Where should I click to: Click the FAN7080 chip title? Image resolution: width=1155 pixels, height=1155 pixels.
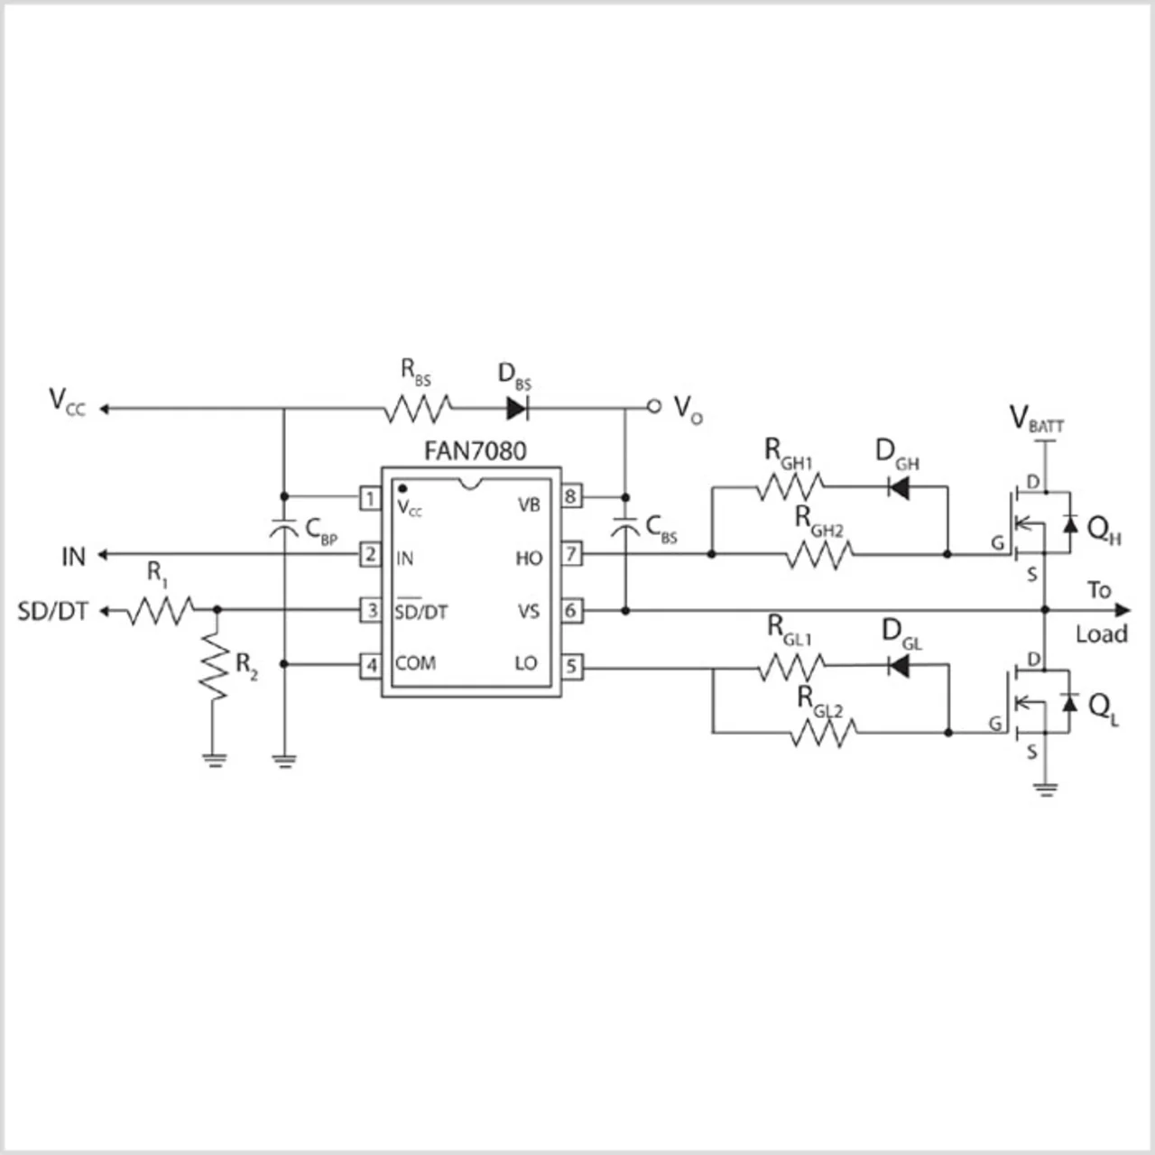[476, 451]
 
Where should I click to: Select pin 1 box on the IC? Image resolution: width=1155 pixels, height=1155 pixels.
[371, 498]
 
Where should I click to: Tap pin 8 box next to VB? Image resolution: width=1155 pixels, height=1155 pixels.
[570, 496]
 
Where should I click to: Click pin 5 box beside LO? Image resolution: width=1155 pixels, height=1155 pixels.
[571, 666]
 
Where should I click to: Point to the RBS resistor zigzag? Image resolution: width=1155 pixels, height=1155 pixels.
[418, 409]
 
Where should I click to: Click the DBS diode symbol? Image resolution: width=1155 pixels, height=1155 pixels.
[517, 408]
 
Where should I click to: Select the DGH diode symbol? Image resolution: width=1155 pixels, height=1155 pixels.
[899, 487]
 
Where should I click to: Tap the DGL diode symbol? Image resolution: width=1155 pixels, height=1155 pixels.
[899, 666]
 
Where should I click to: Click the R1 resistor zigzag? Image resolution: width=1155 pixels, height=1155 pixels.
[160, 611]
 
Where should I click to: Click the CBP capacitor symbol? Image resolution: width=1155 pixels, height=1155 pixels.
[284, 529]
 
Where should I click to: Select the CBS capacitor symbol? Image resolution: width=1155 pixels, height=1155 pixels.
[625, 528]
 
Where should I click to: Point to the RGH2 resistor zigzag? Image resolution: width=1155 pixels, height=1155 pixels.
[820, 555]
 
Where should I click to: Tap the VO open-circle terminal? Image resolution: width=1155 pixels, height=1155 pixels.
[654, 407]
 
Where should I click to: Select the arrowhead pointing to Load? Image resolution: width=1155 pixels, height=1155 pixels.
[1122, 611]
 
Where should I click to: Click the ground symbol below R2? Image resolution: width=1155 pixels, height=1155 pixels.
[215, 760]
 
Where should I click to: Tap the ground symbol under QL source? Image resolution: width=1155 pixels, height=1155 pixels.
[1046, 790]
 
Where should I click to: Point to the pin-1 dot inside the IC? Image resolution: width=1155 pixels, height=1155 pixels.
[402, 489]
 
